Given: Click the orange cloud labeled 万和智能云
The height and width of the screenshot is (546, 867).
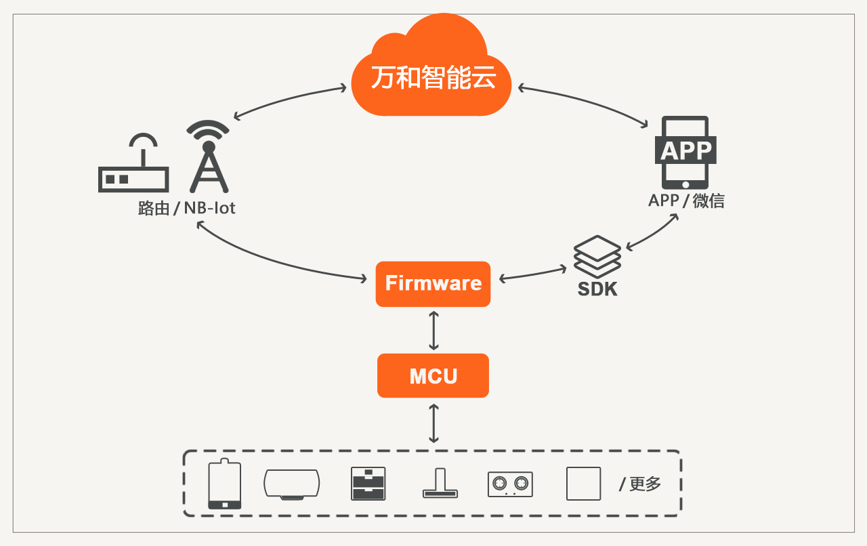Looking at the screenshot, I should click(433, 75).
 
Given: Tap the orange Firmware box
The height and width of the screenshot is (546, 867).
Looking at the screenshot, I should click(433, 284).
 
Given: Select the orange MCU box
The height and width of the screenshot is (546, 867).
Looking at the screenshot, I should click(433, 375).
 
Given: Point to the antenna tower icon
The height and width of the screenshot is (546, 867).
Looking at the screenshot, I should click(209, 157).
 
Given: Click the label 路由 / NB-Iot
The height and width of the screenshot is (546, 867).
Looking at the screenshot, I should click(186, 208).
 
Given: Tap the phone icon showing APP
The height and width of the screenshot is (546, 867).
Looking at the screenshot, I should click(685, 152).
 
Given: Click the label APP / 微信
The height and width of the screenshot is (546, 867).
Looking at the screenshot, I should click(686, 201).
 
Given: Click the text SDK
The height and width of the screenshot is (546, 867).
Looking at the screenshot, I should click(597, 289).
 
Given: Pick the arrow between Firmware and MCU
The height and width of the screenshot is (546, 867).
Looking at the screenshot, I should click(433, 330).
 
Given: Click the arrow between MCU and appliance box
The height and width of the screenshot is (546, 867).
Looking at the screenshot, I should click(433, 423).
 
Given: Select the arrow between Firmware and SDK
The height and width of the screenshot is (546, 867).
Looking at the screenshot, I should click(533, 274).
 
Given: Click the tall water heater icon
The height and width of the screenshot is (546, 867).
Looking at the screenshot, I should click(224, 484).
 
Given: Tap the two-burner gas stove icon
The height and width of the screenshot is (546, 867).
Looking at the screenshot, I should click(510, 484).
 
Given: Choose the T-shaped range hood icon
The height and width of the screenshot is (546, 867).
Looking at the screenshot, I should click(440, 484).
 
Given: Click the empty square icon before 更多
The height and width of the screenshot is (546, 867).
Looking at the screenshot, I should click(583, 484).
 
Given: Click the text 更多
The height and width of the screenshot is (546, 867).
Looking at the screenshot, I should click(645, 484).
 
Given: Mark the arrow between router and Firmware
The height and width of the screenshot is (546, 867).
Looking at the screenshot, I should click(271, 261).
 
